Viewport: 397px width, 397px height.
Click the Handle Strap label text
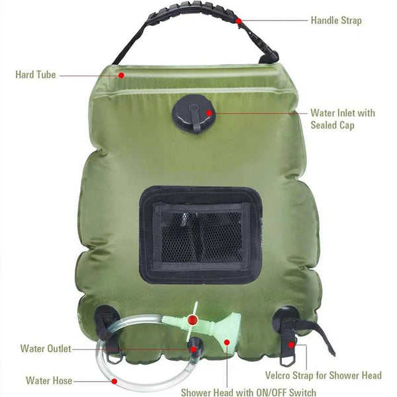point(336,21)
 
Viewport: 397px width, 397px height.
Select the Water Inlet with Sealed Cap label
point(342,118)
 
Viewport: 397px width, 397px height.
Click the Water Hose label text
point(48,380)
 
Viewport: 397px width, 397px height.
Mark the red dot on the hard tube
point(122,75)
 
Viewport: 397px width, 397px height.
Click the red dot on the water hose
point(114,380)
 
